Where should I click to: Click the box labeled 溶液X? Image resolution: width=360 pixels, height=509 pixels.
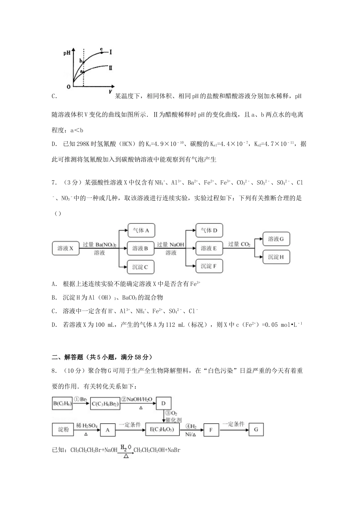click(x=66, y=248)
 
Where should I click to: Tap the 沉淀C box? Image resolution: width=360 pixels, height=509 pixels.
click(x=141, y=267)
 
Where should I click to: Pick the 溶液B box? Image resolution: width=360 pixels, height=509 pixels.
click(x=141, y=248)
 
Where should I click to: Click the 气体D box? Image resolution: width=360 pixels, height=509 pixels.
click(x=209, y=230)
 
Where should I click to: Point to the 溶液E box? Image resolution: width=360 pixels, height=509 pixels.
click(x=209, y=248)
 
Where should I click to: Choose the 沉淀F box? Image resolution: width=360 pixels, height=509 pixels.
click(x=209, y=266)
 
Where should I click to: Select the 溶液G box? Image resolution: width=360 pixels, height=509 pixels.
click(x=276, y=239)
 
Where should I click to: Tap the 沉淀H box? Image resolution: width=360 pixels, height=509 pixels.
click(x=276, y=257)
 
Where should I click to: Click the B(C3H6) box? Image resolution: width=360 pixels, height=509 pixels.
click(x=63, y=404)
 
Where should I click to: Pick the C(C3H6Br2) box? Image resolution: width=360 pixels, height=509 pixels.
click(x=105, y=404)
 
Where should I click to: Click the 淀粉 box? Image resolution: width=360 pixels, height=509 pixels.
click(x=63, y=429)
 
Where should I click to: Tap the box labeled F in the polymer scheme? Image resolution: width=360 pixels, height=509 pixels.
click(x=211, y=429)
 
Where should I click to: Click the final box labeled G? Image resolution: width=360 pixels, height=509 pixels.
click(x=256, y=429)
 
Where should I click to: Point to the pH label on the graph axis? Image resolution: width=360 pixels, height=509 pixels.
click(x=67, y=53)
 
